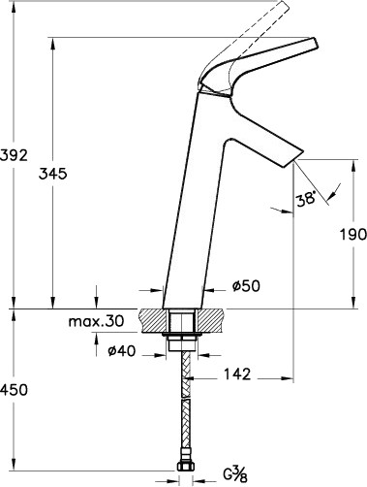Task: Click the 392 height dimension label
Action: pos(14,155)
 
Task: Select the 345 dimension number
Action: pos(52,174)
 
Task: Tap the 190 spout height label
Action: pos(353,234)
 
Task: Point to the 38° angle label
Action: pos(306,198)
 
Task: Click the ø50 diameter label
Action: pos(246,286)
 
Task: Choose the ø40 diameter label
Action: pos(122,351)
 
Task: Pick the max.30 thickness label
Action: pos(96,321)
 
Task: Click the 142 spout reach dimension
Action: pos(237,374)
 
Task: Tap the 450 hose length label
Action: pos(14,390)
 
